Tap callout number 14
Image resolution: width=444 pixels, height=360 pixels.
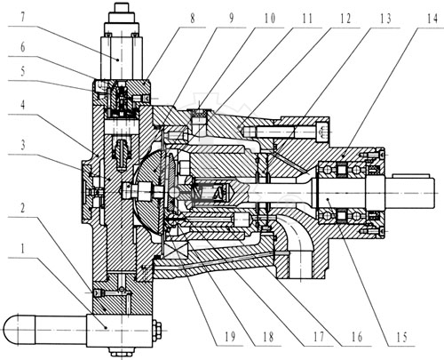point(432,19)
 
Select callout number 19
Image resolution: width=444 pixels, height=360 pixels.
point(230,337)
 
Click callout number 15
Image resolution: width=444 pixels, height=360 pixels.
point(401,337)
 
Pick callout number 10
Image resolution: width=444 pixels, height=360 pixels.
point(269,19)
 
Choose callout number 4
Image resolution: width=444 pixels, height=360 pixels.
point(22,105)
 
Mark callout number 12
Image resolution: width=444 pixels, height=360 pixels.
point(345,19)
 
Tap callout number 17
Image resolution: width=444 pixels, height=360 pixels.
point(319,337)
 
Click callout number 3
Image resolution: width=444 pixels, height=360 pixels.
point(23,145)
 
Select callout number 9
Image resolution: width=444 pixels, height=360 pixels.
point(231,19)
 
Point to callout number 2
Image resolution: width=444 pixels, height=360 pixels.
point(22,208)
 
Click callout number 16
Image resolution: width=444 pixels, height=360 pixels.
point(357,337)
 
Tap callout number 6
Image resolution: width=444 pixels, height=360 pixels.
point(23,47)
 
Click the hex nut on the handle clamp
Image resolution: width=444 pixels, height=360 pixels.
point(157,330)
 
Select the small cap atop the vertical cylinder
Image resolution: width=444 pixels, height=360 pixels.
point(122,7)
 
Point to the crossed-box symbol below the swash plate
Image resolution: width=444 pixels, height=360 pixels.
point(175,248)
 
